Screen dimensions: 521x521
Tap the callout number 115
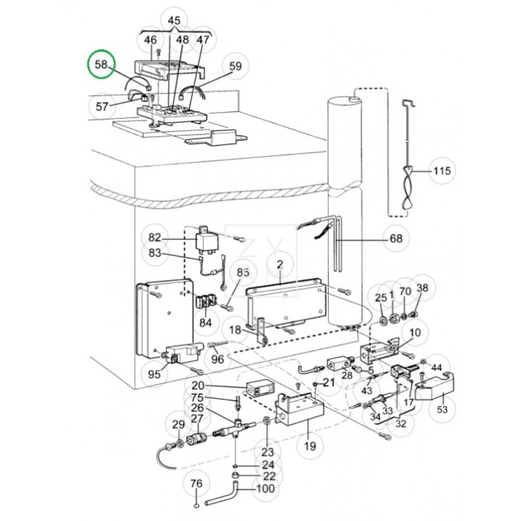click(442, 171)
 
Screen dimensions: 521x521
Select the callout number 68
click(396, 239)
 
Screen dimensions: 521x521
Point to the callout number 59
click(235, 66)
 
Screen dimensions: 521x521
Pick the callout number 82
click(154, 237)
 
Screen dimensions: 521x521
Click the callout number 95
click(154, 374)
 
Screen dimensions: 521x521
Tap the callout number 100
click(265, 488)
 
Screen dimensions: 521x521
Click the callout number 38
click(422, 289)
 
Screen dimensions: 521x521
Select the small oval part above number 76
click(196, 505)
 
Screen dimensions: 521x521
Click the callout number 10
click(415, 333)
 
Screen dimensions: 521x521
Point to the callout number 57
click(102, 106)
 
